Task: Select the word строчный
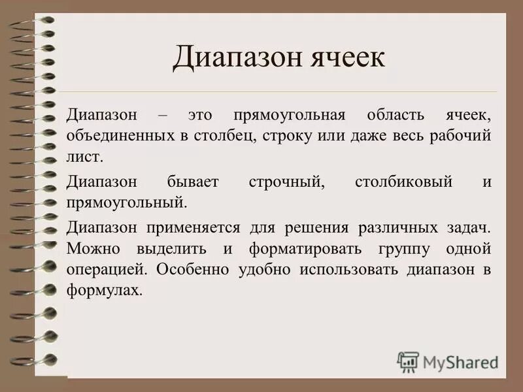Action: click(x=286, y=182)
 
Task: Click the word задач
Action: click(x=467, y=227)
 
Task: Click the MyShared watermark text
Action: click(x=461, y=361)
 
